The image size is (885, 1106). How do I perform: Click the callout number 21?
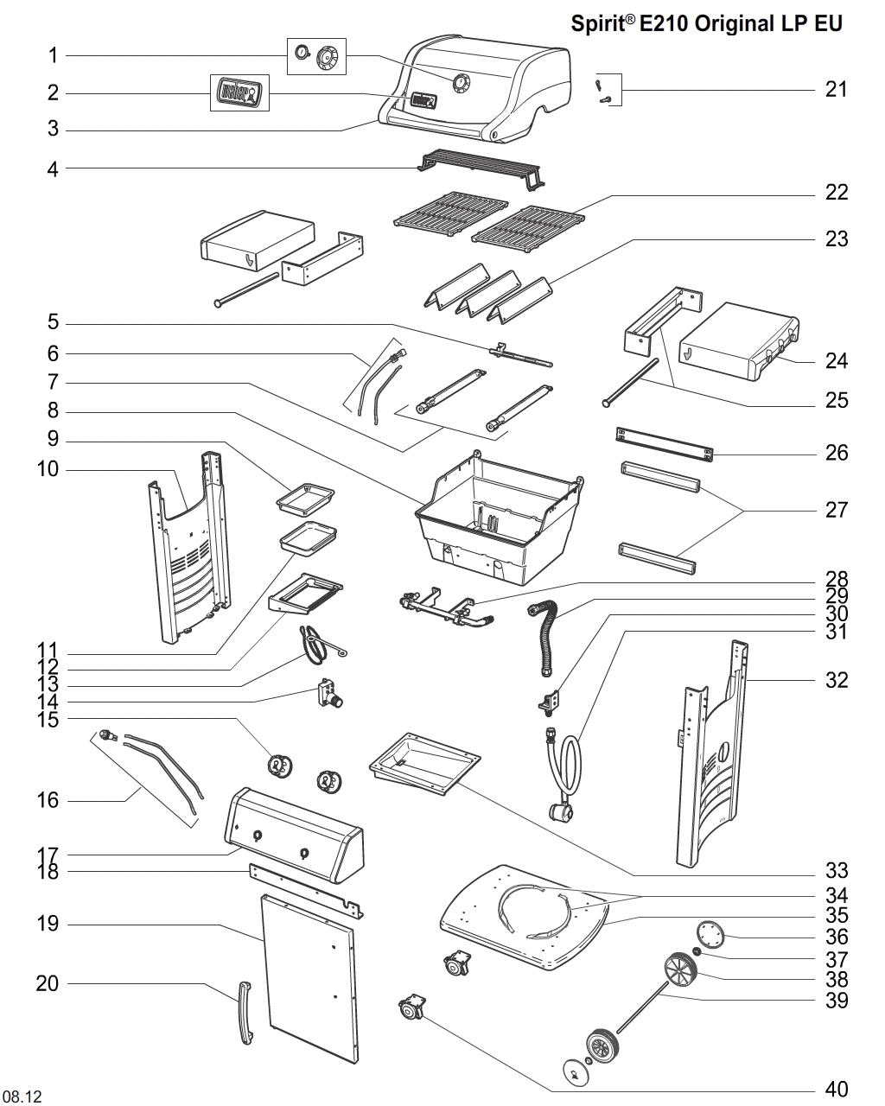click(836, 89)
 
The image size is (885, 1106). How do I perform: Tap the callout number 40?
click(836, 1089)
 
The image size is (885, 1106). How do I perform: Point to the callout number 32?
click(836, 680)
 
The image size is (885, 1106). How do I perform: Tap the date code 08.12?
click(22, 1096)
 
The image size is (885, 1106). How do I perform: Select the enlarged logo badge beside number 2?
click(239, 92)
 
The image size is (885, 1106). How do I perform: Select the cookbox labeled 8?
click(497, 518)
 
